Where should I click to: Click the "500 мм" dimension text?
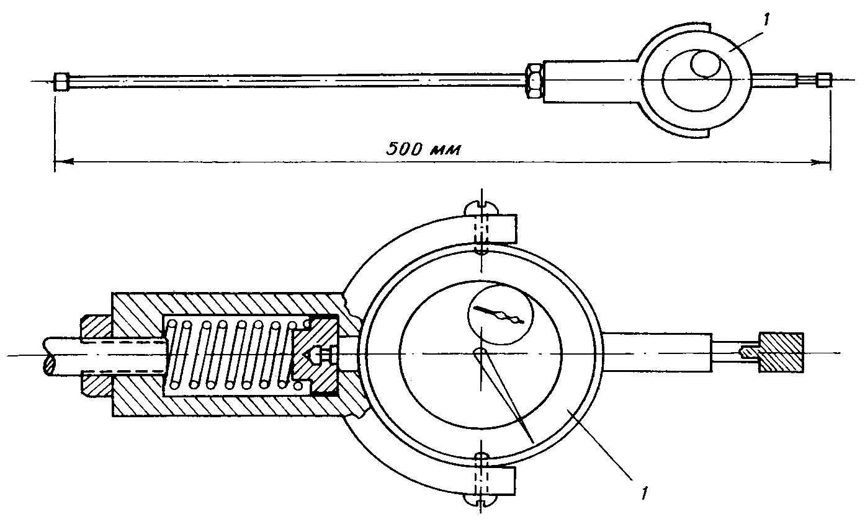coord(424,149)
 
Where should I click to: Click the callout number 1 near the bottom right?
coord(644,493)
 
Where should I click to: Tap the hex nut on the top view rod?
coord(534,81)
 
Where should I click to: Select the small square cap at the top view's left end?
coord(61,82)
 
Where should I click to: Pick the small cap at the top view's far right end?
coord(824,80)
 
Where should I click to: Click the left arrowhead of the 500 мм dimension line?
coord(64,162)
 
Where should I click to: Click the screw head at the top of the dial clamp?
coord(481,209)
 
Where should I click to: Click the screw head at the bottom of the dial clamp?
coord(481,500)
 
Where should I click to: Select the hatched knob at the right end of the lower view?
coord(781,352)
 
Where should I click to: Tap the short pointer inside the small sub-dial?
coord(498,314)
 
